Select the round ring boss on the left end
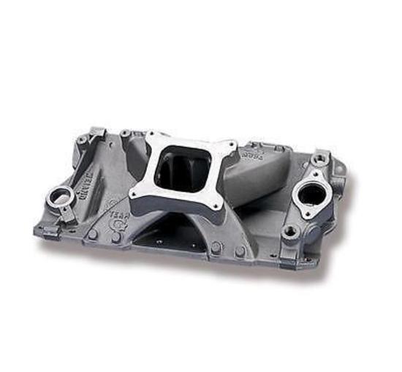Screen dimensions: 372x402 [58, 197]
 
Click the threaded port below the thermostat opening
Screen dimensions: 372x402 [293, 232]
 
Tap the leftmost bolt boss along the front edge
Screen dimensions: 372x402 [93, 235]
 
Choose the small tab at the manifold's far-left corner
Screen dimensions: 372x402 [40, 229]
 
